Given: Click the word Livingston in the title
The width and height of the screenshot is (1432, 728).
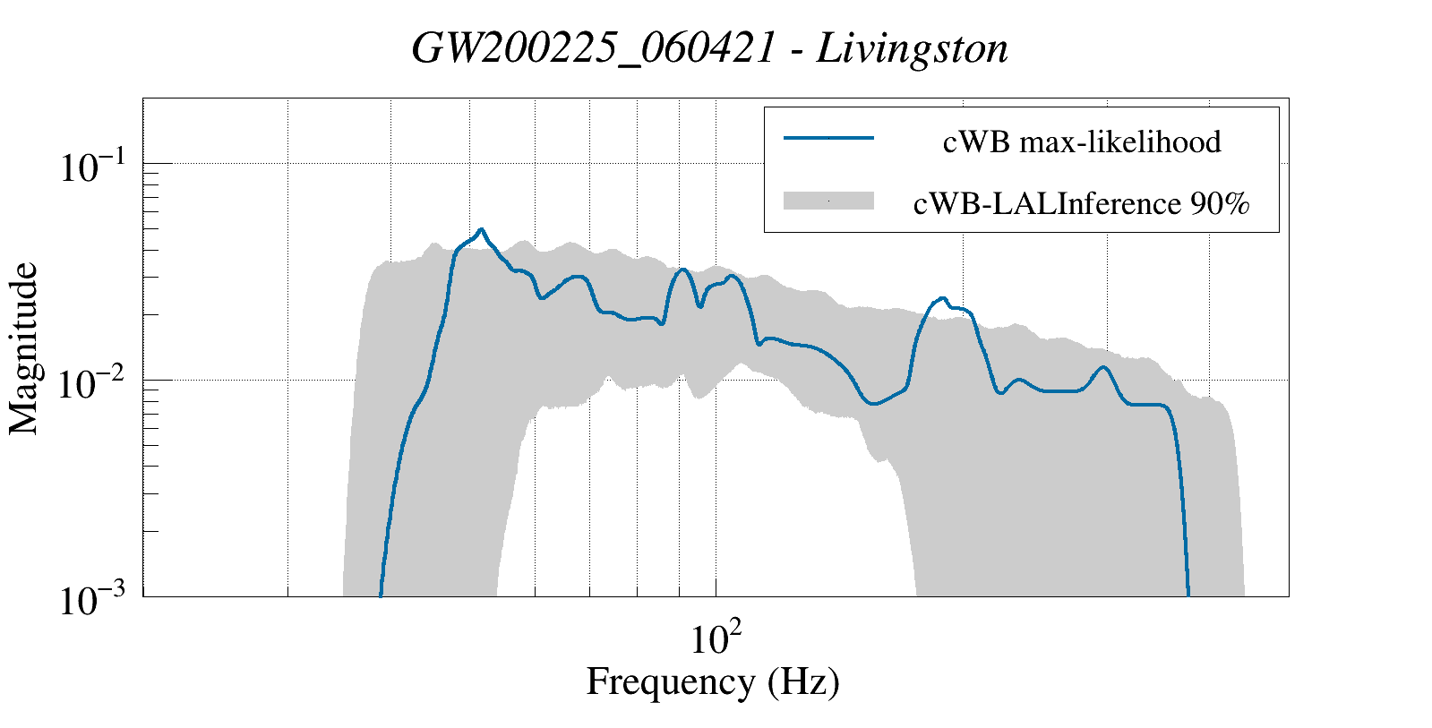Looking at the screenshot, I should pyautogui.click(x=913, y=49).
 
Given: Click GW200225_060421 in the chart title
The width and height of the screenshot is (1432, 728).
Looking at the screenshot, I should pyautogui.click(x=593, y=49).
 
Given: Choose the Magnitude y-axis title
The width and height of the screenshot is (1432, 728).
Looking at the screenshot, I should pyautogui.click(x=24, y=348).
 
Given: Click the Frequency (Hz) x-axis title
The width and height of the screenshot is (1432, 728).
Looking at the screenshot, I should pyautogui.click(x=713, y=682).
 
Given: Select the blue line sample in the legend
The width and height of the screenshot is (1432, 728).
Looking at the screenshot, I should pyautogui.click(x=828, y=138).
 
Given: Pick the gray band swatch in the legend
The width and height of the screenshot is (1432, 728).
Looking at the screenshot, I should pyautogui.click(x=828, y=201).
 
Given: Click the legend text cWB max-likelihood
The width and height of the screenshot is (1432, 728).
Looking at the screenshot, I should pyautogui.click(x=1081, y=141).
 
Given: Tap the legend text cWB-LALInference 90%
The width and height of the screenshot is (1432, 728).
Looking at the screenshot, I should pyautogui.click(x=1081, y=204).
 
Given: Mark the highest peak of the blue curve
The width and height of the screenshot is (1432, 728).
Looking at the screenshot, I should pyautogui.click(x=482, y=229).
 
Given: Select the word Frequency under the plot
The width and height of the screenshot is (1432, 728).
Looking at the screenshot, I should pyautogui.click(x=670, y=682).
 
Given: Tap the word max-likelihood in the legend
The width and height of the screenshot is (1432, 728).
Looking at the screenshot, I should pyautogui.click(x=1120, y=141).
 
